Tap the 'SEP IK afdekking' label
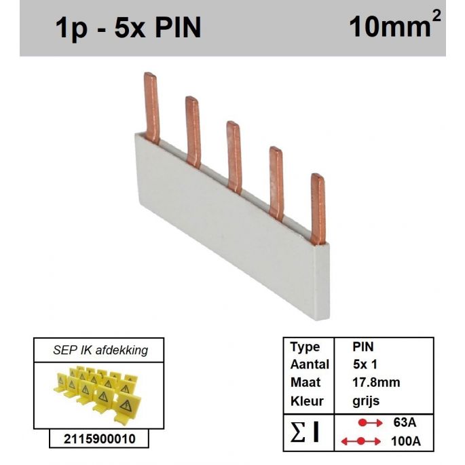(x=100, y=350)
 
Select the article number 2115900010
(x=98, y=439)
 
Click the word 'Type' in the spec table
(x=305, y=348)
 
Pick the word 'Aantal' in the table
(x=310, y=365)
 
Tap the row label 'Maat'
(x=305, y=383)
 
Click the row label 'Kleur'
(x=306, y=401)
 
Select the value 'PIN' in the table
(x=363, y=348)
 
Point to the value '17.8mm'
(x=376, y=383)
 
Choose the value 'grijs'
(x=367, y=401)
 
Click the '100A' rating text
(x=407, y=441)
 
